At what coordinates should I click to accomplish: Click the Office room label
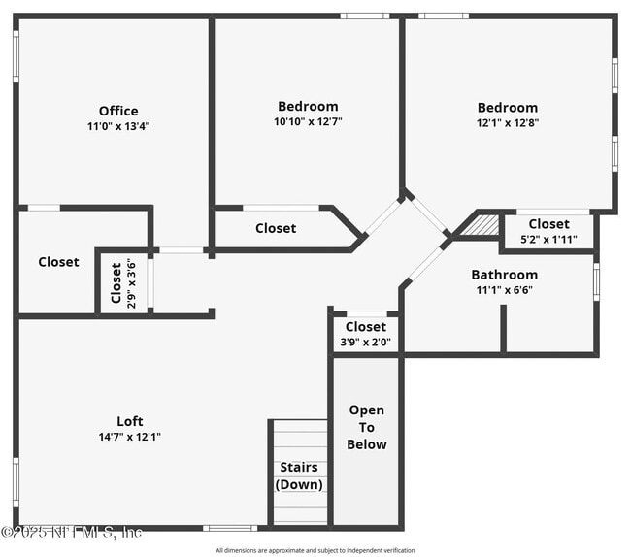tap(118, 111)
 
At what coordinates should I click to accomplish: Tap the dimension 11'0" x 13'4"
tap(118, 126)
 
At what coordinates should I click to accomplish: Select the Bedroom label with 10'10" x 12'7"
tap(308, 107)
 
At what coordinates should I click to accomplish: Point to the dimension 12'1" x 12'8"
tap(507, 123)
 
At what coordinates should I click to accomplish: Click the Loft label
tap(130, 421)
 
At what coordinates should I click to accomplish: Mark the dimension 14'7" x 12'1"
tap(130, 437)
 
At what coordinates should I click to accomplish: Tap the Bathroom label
tap(504, 275)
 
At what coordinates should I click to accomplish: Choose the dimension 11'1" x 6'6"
tap(504, 290)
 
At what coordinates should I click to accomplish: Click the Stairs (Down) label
tap(299, 475)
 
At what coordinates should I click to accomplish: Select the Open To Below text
tap(367, 427)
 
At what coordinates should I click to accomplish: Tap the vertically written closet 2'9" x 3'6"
tap(116, 282)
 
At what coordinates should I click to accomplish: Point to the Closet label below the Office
tap(58, 262)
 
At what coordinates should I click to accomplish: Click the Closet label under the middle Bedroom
tap(276, 228)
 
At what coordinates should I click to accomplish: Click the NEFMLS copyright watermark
tap(72, 531)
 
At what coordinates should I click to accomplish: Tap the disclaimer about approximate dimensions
tap(315, 550)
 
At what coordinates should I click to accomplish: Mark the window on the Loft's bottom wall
tap(230, 528)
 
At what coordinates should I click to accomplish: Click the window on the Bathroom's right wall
tap(596, 281)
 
